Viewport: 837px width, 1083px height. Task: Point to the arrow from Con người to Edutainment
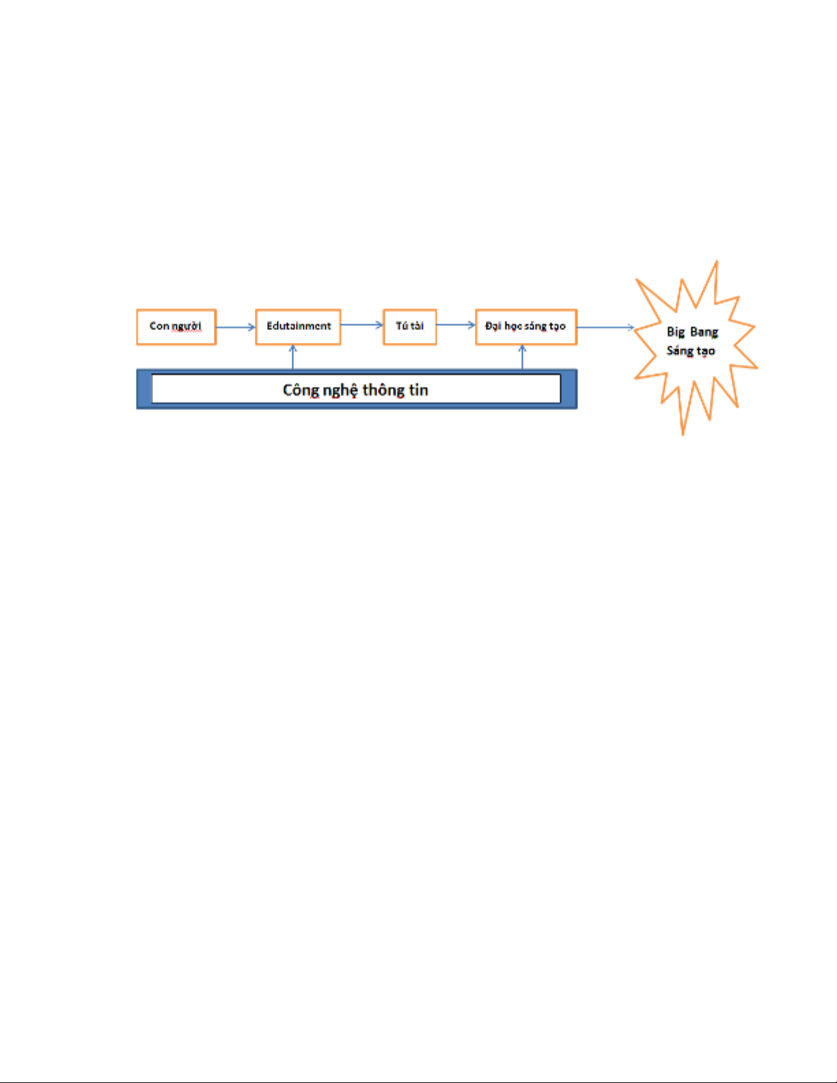coord(236,327)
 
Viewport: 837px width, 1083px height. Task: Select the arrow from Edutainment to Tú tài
coord(361,325)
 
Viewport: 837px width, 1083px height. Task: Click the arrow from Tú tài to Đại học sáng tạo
coord(456,325)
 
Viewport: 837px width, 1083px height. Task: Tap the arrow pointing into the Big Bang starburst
coord(605,327)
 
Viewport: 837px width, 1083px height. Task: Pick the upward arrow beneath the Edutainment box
coord(292,357)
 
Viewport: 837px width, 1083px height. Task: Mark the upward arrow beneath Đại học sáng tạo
coord(522,357)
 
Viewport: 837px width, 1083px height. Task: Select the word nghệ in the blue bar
coord(340,390)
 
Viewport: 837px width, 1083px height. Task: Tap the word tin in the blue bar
coord(419,390)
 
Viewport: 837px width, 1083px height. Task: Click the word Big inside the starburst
coord(676,333)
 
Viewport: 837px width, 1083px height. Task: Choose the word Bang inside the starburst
coord(704,333)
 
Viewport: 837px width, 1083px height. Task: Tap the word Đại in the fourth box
coord(493,326)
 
